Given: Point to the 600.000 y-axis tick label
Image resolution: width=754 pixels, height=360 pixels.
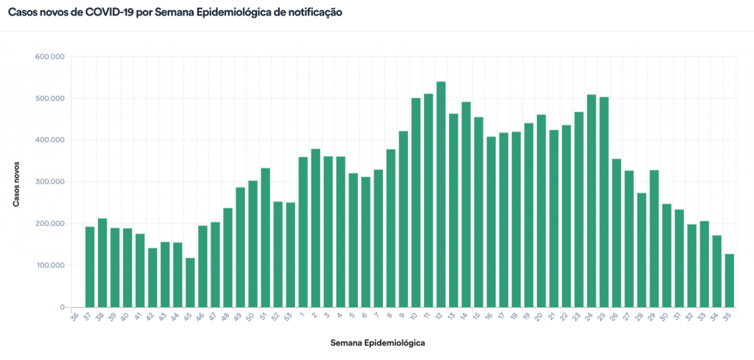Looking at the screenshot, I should (51, 57).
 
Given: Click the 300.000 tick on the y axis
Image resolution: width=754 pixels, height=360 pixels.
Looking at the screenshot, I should (51, 182).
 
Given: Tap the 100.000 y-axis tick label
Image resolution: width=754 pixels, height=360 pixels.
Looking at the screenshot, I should (51, 265).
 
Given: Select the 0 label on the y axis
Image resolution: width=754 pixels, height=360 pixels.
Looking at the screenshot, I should (63, 307).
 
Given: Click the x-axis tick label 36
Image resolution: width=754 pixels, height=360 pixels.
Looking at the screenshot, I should (74, 317).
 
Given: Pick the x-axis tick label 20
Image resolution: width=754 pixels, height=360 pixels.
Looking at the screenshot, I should (539, 317).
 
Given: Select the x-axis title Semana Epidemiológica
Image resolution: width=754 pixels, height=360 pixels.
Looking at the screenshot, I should (378, 343).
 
